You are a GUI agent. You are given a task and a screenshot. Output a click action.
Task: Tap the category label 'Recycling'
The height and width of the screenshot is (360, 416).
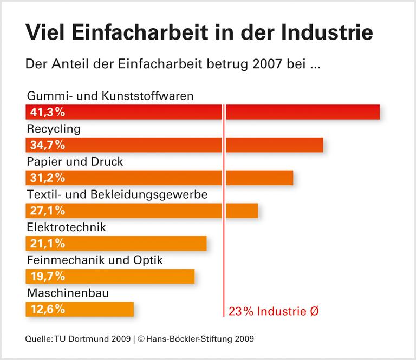pyautogui.click(x=53, y=129)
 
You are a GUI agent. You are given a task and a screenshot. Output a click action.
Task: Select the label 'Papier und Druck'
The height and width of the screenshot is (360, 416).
pyautogui.click(x=75, y=161)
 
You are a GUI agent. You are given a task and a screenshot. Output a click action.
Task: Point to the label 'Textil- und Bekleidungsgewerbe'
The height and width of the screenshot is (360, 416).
pyautogui.click(x=116, y=194)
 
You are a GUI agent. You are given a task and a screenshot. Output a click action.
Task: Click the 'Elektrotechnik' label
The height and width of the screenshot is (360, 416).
pyautogui.click(x=66, y=227)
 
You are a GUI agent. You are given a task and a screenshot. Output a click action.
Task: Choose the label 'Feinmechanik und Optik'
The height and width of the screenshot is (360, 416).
pyautogui.click(x=94, y=260)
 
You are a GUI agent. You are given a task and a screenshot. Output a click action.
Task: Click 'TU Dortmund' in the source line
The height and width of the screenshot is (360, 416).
pyautogui.click(x=76, y=339)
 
